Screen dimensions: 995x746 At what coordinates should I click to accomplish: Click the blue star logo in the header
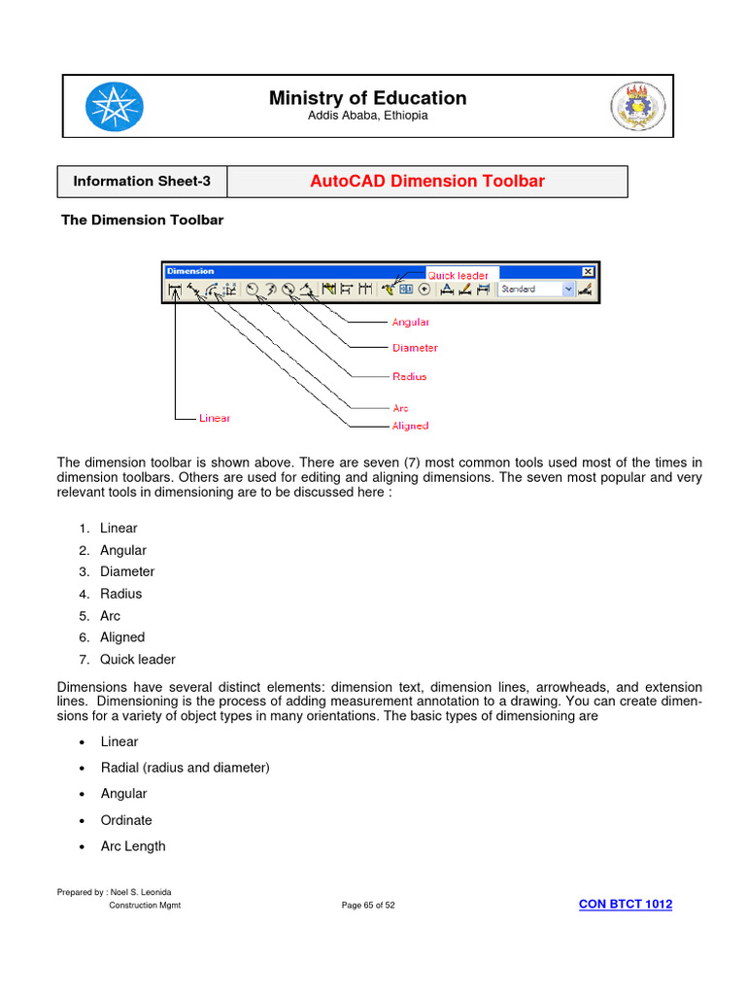click(114, 107)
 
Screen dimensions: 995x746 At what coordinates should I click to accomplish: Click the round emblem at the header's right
click(637, 107)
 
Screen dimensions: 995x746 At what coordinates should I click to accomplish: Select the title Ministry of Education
click(367, 98)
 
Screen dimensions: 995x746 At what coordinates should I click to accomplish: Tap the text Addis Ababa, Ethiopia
click(367, 116)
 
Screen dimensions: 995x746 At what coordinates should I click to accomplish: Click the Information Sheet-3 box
click(142, 182)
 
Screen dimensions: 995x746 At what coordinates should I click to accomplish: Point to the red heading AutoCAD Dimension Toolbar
click(426, 182)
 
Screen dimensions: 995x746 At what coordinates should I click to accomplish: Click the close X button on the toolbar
click(588, 272)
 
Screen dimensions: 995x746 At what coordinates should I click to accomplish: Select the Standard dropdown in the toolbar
click(535, 289)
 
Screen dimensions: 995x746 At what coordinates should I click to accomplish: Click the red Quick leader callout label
click(458, 276)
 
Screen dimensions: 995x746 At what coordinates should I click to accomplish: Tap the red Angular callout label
click(410, 322)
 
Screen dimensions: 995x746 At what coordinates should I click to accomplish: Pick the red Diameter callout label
click(415, 348)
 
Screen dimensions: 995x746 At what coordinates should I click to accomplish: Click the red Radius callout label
click(409, 376)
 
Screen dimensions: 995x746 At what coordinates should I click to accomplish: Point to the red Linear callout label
click(215, 418)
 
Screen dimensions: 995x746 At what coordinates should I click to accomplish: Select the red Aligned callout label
click(410, 426)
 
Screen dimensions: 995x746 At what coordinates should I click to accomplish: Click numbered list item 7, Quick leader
click(137, 660)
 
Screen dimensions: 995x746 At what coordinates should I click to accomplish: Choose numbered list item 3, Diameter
click(126, 572)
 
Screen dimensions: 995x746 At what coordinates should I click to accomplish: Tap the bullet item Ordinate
click(126, 820)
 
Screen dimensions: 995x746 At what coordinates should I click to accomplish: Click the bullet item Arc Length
click(133, 846)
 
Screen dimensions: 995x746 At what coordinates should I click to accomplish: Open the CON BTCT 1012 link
click(625, 905)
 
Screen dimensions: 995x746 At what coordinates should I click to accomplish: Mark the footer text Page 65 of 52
click(368, 906)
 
